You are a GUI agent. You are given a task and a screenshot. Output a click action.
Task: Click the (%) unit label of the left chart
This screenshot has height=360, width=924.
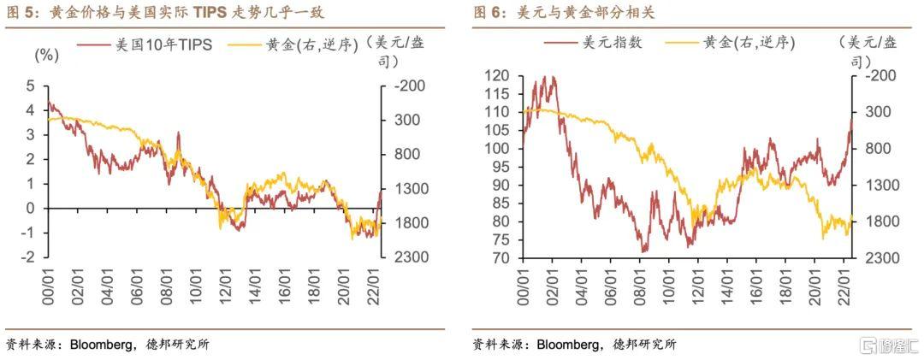pyautogui.click(x=45, y=55)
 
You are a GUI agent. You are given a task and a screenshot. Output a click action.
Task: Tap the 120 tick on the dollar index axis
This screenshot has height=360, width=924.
pyautogui.click(x=498, y=75)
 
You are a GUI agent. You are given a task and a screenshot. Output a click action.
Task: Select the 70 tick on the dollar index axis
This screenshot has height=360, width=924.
pyautogui.click(x=501, y=258)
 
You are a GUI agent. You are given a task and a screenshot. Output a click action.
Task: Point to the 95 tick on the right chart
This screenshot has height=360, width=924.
pyautogui.click(x=501, y=167)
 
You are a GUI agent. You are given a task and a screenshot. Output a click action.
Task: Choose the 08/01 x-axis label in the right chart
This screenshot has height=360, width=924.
pyautogui.click(x=643, y=283)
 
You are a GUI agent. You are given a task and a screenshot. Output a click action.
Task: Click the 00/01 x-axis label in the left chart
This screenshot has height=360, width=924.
pyautogui.click(x=48, y=282)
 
